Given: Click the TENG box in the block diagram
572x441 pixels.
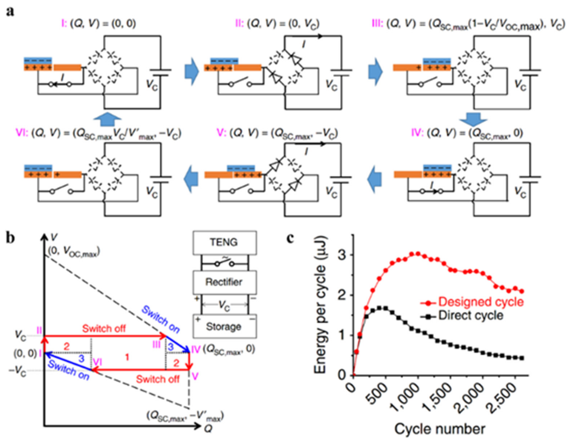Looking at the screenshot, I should [x=224, y=242].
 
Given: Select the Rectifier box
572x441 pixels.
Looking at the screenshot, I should [x=224, y=282].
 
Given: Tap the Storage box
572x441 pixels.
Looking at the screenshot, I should [x=224, y=326].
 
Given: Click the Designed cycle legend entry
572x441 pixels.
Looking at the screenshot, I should [x=481, y=302].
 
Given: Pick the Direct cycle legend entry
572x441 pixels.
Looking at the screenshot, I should [x=471, y=316].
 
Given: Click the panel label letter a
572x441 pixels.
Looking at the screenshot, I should [x=10, y=12].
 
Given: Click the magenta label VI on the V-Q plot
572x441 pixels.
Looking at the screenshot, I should [x=97, y=362].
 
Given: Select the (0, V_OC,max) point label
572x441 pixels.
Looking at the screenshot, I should [x=74, y=252].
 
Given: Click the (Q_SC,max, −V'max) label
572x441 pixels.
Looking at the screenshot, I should [x=185, y=416].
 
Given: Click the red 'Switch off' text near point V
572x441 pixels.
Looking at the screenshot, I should [x=158, y=379].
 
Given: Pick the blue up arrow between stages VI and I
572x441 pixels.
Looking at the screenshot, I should [x=107, y=120].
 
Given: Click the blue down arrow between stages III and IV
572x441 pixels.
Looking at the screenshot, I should [x=473, y=120].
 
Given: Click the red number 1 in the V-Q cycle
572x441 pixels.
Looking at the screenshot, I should [x=127, y=357].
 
